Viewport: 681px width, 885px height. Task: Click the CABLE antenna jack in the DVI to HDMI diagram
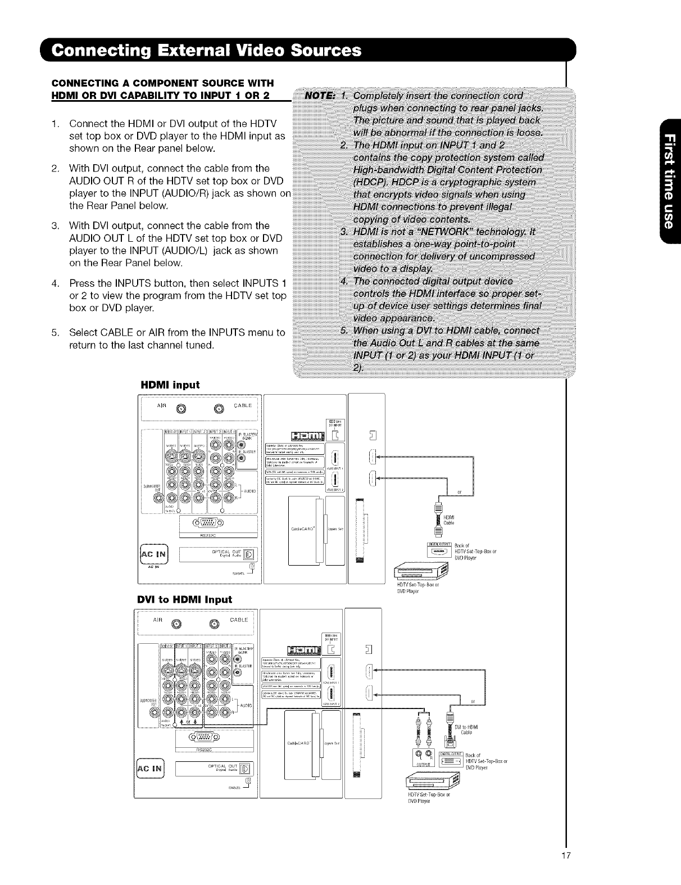(x=214, y=623)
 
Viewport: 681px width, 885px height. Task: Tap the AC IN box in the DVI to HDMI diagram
(x=150, y=768)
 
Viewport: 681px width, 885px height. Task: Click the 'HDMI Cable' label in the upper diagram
(x=449, y=520)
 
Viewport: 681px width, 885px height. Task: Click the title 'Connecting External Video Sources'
(x=207, y=51)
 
